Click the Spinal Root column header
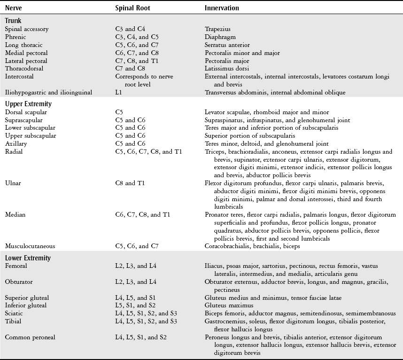(x=132, y=8)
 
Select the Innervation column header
(x=222, y=8)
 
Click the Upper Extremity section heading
(x=28, y=103)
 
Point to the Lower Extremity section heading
(x=28, y=258)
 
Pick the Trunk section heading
(x=13, y=21)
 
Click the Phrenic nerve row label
(x=15, y=37)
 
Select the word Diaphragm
(x=220, y=37)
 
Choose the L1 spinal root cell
(x=119, y=93)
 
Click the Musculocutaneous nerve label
(x=30, y=246)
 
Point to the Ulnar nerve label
(x=13, y=182)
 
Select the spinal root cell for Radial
(x=148, y=151)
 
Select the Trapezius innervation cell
(x=217, y=29)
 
